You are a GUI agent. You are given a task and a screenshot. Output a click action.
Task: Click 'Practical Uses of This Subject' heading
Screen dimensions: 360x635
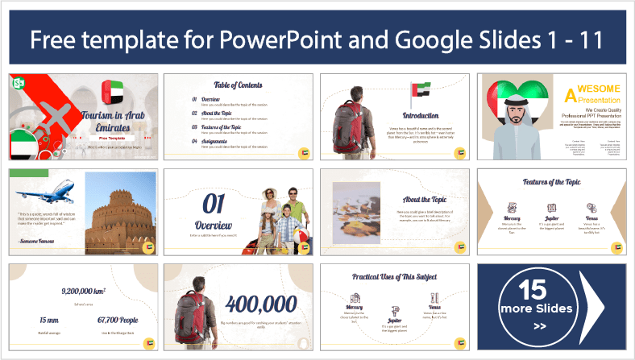coord(395,277)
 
